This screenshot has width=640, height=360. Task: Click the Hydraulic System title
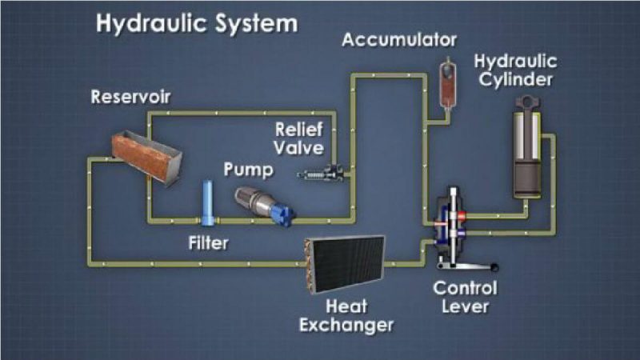[x=197, y=24]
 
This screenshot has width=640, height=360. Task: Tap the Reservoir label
[x=130, y=97]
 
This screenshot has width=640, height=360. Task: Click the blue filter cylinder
[x=207, y=203]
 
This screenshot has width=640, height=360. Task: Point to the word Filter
[x=208, y=243]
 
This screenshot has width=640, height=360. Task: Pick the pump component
[x=264, y=206]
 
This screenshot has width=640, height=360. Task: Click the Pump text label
[x=248, y=170]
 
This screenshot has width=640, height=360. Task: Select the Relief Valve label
[x=299, y=138]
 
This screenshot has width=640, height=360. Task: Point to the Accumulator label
[x=399, y=40]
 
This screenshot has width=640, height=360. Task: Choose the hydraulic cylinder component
[x=527, y=147]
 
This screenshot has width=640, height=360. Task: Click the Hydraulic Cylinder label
[x=515, y=70]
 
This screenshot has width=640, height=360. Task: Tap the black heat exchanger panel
[x=346, y=264]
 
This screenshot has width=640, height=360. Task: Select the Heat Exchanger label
[x=346, y=315]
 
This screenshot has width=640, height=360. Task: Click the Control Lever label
[x=465, y=297]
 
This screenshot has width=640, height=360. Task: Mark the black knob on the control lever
[x=494, y=267]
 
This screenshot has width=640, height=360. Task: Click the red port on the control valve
[x=462, y=215]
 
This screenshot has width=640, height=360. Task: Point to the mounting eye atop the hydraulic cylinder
[x=527, y=102]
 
